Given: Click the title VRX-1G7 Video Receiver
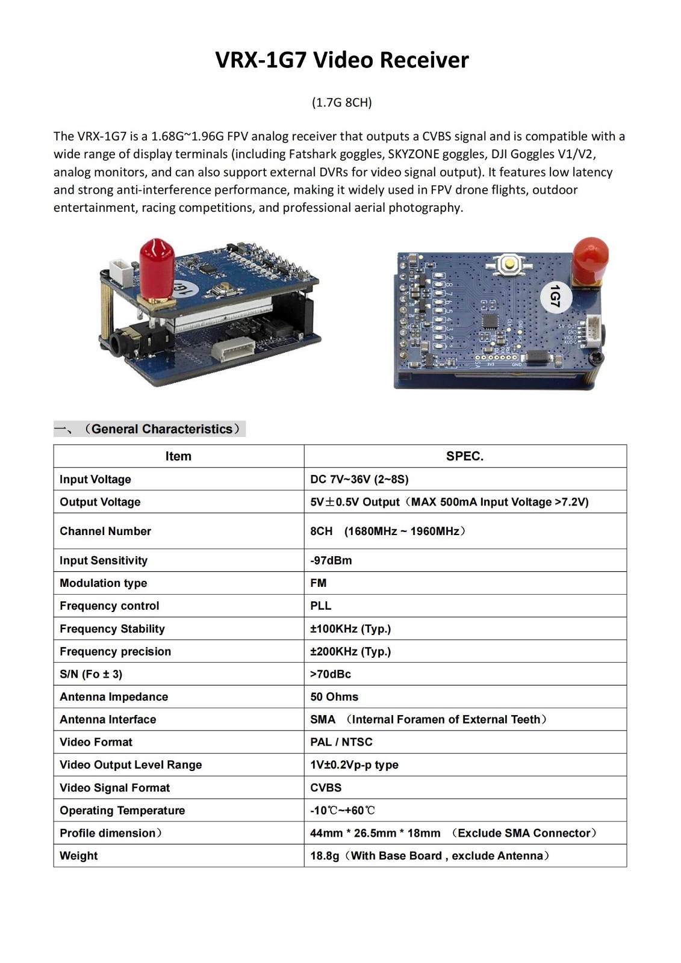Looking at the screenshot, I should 341,60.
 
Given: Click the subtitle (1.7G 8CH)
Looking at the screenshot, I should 341,102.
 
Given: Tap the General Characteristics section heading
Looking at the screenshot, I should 161,429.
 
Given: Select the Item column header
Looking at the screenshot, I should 178,456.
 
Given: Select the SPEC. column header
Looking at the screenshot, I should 464,456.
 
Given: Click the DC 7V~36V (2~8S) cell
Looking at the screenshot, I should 359,479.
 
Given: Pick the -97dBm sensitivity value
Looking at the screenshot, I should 331,560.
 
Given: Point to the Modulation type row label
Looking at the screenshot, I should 103,583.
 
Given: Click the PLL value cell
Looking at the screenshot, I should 320,606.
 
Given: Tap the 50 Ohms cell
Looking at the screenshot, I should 334,697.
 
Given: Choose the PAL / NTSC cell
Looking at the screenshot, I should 341,742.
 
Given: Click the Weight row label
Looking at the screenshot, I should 78,856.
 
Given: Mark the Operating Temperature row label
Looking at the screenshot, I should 122,811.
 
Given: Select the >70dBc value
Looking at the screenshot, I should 330,674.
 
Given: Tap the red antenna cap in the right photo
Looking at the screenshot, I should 589,259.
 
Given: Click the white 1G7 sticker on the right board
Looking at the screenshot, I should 555,296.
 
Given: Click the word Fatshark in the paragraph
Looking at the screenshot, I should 314,154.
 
